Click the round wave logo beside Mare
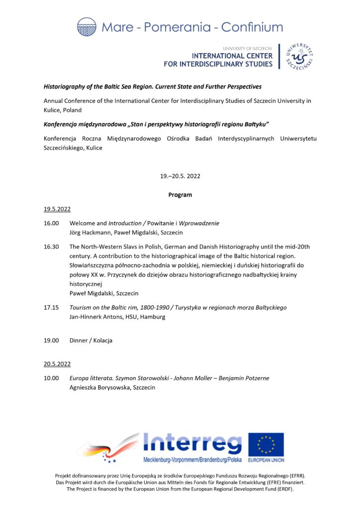coord(87,27)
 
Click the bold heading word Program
coord(180,195)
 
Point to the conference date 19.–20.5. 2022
coord(180,176)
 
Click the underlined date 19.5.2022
coord(57,209)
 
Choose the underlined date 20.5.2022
coord(57,364)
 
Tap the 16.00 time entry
coord(51,223)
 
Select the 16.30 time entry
coord(51,247)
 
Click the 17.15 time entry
coord(51,308)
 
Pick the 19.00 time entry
coord(51,340)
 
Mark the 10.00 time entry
coord(51,378)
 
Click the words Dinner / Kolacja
coord(91,340)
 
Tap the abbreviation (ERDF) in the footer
coord(284,489)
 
